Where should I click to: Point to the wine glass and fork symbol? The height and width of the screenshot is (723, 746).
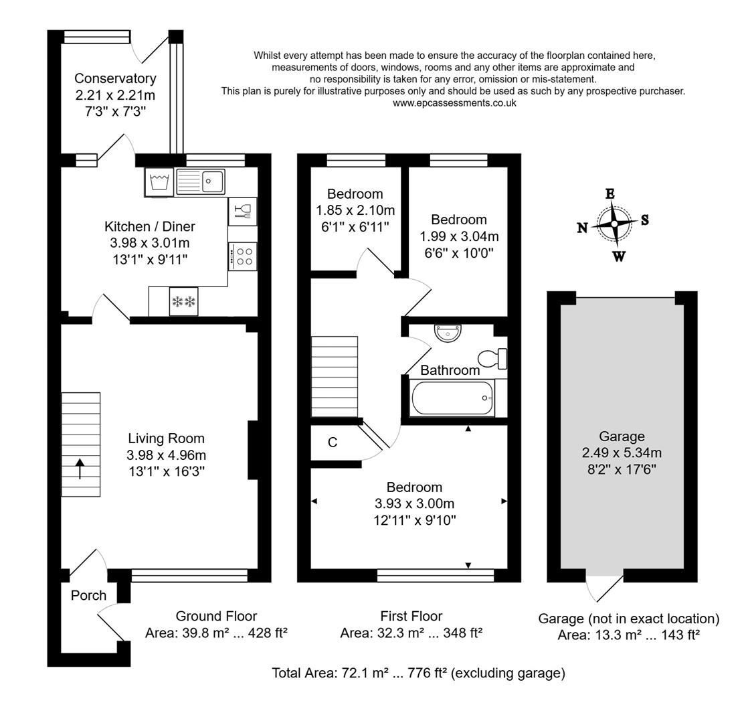pyautogui.click(x=242, y=211)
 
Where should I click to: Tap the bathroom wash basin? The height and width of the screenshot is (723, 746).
pyautogui.click(x=447, y=332)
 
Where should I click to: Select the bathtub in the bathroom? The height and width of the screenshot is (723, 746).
pyautogui.click(x=452, y=398)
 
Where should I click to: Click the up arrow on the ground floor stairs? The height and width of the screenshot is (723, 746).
pyautogui.click(x=80, y=469)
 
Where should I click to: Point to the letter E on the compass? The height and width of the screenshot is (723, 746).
pyautogui.click(x=610, y=194)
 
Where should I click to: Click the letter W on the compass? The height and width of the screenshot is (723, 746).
pyautogui.click(x=619, y=256)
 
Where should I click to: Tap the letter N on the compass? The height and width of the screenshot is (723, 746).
pyautogui.click(x=582, y=228)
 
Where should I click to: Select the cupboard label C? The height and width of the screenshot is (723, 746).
pyautogui.click(x=332, y=443)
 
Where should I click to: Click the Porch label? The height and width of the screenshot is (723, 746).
pyautogui.click(x=88, y=595)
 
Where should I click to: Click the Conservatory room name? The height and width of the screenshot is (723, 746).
pyautogui.click(x=115, y=78)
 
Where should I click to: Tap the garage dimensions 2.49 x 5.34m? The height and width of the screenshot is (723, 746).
pyautogui.click(x=622, y=453)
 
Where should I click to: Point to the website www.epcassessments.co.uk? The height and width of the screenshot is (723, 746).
pyautogui.click(x=454, y=103)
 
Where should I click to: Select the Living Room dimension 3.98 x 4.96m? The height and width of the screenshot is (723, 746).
pyautogui.click(x=166, y=455)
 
